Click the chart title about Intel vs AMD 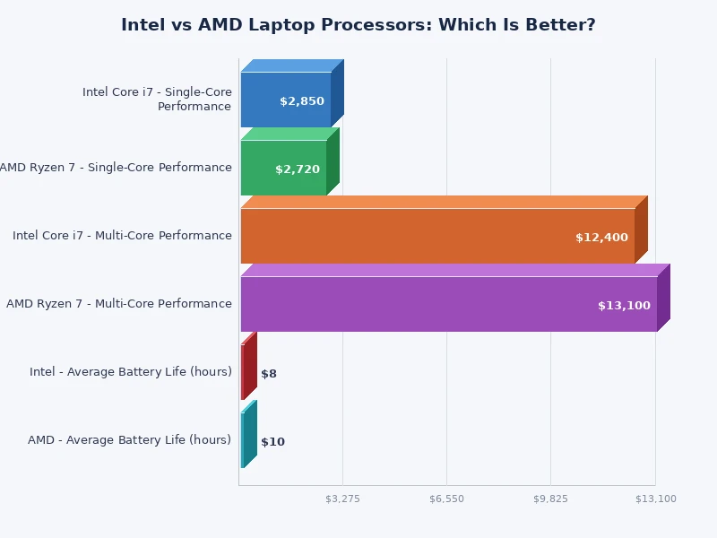coord(358,25)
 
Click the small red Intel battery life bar coord(243,371)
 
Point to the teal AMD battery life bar coord(243,439)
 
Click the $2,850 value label coord(302,101)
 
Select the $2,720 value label coord(298,169)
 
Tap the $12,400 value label coord(601,238)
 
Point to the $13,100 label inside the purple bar coord(624,306)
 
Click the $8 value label coord(269,374)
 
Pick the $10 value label coord(272,442)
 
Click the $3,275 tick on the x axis coord(342,499)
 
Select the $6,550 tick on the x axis coord(446,499)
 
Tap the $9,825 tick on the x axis coord(550,499)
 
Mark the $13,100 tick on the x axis coord(655,499)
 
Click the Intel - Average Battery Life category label coord(131,372)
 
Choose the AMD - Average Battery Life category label coord(130,440)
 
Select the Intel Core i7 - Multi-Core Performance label coord(122,236)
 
